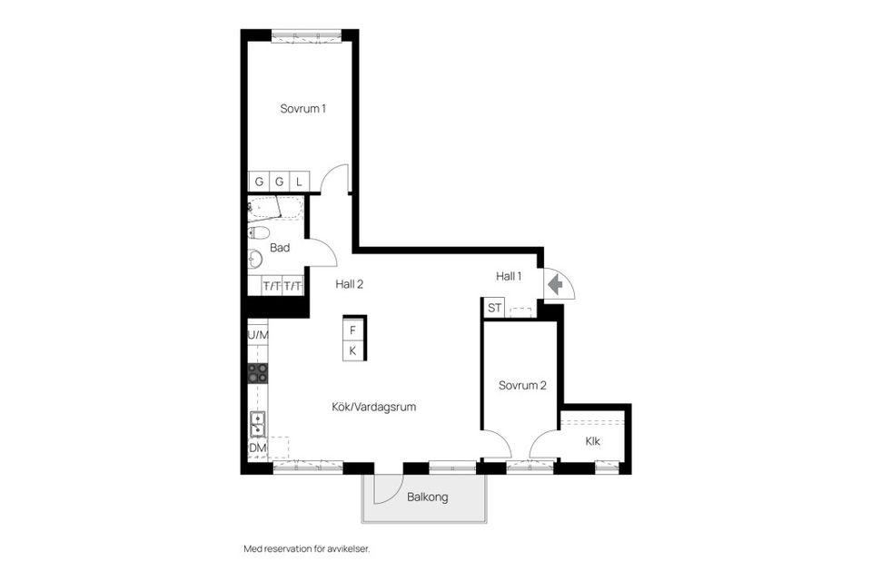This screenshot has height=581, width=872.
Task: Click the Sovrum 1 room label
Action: point(302,108)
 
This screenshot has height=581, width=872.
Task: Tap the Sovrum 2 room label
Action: point(522,385)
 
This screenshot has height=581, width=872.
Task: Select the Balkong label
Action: point(427,497)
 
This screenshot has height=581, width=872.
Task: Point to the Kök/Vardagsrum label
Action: point(373,407)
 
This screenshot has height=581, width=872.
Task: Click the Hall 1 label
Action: point(508,276)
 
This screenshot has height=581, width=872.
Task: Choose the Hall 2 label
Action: point(349,283)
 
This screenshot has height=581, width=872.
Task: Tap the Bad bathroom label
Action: point(280,248)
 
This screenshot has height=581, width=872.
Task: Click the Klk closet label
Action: point(592,442)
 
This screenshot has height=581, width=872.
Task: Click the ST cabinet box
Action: point(494,308)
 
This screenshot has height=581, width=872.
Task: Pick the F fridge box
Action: point(353,330)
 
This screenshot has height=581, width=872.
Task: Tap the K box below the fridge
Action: point(353,350)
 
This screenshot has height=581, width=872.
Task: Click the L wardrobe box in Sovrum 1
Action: point(299,182)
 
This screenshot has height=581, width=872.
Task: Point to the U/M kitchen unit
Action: point(258,335)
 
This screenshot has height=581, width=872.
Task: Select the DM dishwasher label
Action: point(258,448)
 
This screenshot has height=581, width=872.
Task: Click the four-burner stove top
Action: point(258,373)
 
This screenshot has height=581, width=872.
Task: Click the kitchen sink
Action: point(258,423)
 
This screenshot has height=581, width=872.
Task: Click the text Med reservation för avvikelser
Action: point(307,548)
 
